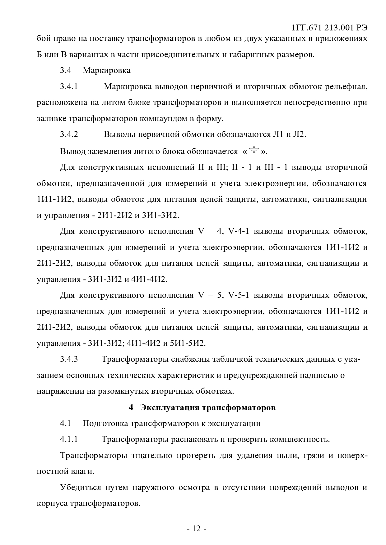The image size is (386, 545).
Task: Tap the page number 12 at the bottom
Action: pos(196,529)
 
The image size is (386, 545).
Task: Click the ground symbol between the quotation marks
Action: pos(254,150)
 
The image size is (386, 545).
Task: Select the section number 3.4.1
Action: pos(69,86)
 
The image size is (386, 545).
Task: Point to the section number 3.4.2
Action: pos(69,134)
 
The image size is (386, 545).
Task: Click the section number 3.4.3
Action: pos(69,359)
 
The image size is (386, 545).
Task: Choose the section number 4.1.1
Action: pos(69,439)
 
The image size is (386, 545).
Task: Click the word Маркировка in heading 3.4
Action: pos(106,70)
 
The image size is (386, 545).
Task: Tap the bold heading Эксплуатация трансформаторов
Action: pos(207,407)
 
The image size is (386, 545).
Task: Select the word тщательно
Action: pos(152,456)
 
